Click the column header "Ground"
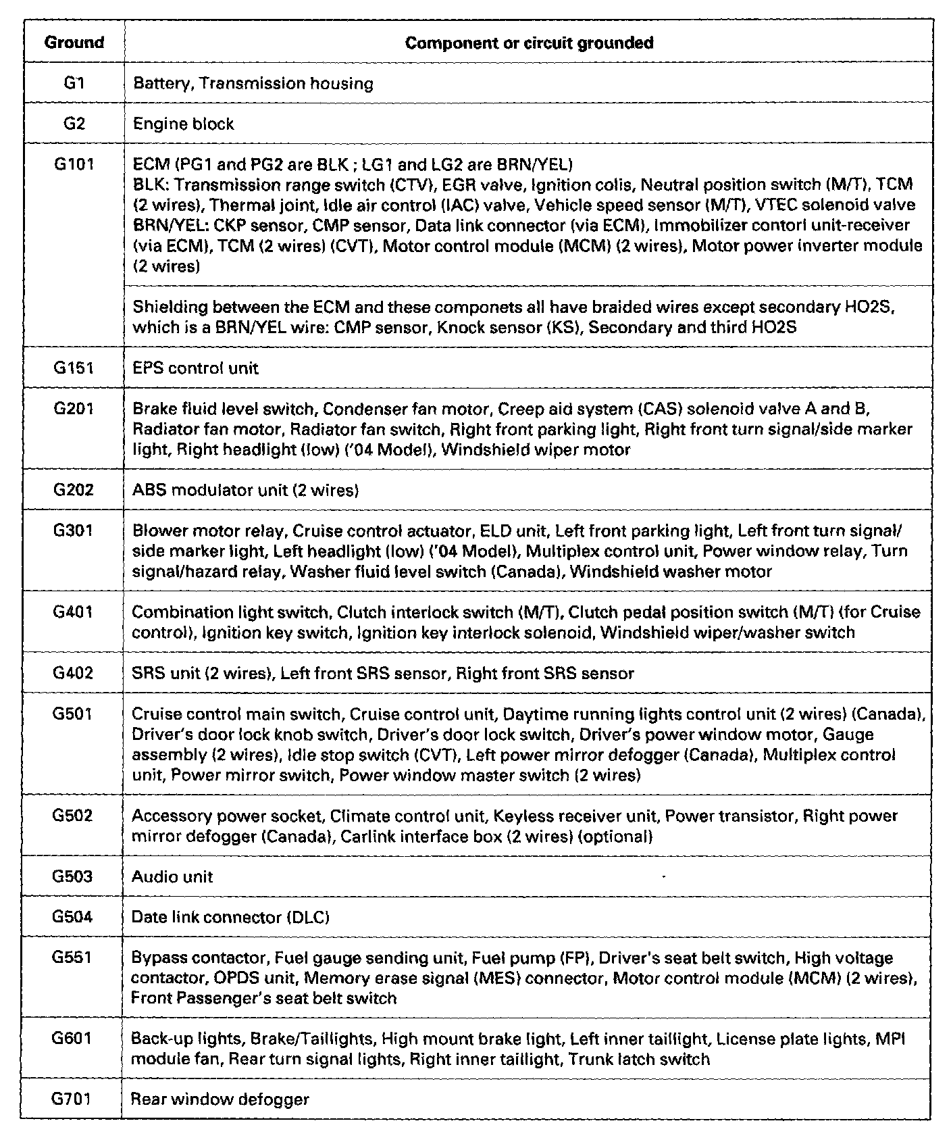(74, 43)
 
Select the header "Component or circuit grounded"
(529, 43)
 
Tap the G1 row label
(74, 83)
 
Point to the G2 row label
(74, 124)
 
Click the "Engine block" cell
(184, 124)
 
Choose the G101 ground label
(74, 165)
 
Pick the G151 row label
(74, 368)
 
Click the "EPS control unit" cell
(196, 368)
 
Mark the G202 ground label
(74, 490)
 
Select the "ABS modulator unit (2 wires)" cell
(245, 490)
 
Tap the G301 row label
(74, 530)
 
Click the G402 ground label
(73, 673)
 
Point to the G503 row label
(72, 876)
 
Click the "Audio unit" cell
(172, 877)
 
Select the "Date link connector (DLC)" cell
(230, 917)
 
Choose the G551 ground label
(72, 958)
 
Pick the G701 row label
(72, 1099)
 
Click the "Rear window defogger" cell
(220, 1099)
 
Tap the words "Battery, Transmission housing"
(253, 84)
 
